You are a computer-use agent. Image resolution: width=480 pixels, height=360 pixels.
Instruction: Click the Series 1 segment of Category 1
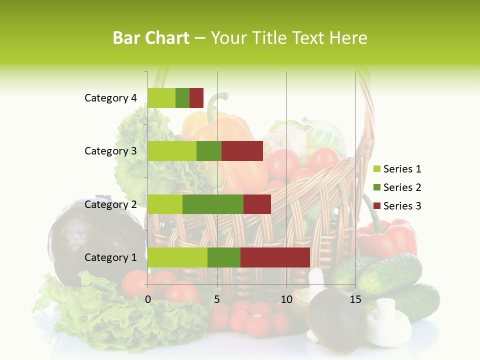177,257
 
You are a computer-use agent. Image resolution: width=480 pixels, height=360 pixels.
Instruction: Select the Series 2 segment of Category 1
224,257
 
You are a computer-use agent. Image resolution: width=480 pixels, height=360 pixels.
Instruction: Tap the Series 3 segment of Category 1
275,257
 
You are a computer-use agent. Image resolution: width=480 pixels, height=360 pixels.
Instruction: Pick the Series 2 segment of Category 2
213,204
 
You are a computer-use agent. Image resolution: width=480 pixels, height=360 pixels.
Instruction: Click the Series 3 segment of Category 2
257,204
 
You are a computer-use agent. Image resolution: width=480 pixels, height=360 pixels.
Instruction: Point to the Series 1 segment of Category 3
172,151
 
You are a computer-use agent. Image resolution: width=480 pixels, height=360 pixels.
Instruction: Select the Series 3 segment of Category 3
242,151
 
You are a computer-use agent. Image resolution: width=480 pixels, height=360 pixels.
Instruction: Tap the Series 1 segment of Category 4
161,98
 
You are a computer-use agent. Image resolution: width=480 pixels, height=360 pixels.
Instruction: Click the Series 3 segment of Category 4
196,98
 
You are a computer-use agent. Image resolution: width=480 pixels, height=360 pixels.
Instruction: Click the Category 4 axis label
110,98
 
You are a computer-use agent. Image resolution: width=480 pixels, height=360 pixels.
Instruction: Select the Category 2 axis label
110,204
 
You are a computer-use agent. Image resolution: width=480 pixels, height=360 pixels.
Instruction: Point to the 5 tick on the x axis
217,299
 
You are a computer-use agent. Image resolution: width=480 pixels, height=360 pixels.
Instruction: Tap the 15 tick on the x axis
355,299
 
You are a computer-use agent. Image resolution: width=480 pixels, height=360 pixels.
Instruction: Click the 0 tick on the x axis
148,299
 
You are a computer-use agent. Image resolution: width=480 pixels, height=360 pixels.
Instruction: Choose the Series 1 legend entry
401,169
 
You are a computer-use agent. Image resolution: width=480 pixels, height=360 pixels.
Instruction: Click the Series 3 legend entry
401,206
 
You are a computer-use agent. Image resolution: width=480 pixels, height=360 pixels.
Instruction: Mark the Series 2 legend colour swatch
376,188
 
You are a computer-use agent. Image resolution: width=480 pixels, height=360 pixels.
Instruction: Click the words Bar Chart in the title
151,38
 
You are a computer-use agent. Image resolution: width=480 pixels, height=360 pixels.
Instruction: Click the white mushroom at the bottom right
387,322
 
